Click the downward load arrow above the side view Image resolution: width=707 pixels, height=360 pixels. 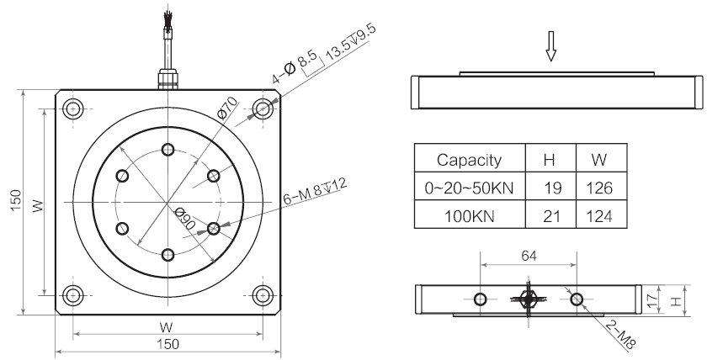pos(552,52)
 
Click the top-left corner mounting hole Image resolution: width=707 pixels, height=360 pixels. pos(74,109)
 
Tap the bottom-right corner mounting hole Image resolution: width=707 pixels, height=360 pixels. pos(263,295)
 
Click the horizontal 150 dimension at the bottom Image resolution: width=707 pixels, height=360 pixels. pos(168,345)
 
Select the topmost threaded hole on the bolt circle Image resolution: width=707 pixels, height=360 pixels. pos(168,150)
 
